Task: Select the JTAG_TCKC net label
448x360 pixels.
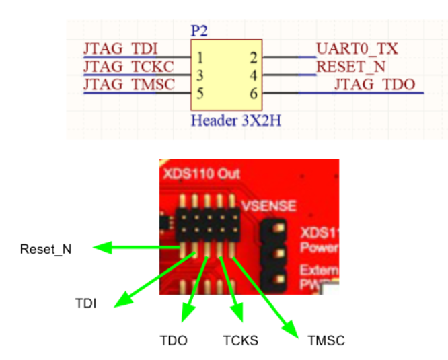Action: (128, 67)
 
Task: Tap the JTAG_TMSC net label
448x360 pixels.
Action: (128, 84)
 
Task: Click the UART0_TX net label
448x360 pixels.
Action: (357, 49)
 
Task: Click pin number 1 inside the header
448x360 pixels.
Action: (200, 58)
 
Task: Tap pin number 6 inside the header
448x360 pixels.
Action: (254, 94)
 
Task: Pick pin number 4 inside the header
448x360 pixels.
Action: (254, 76)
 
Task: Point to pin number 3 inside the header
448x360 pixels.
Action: (200, 76)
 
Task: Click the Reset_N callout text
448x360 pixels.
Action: (46, 249)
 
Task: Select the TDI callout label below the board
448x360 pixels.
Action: (85, 304)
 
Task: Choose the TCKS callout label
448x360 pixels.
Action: (240, 340)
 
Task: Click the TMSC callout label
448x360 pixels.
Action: (326, 340)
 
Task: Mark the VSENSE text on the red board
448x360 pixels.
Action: (268, 206)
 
